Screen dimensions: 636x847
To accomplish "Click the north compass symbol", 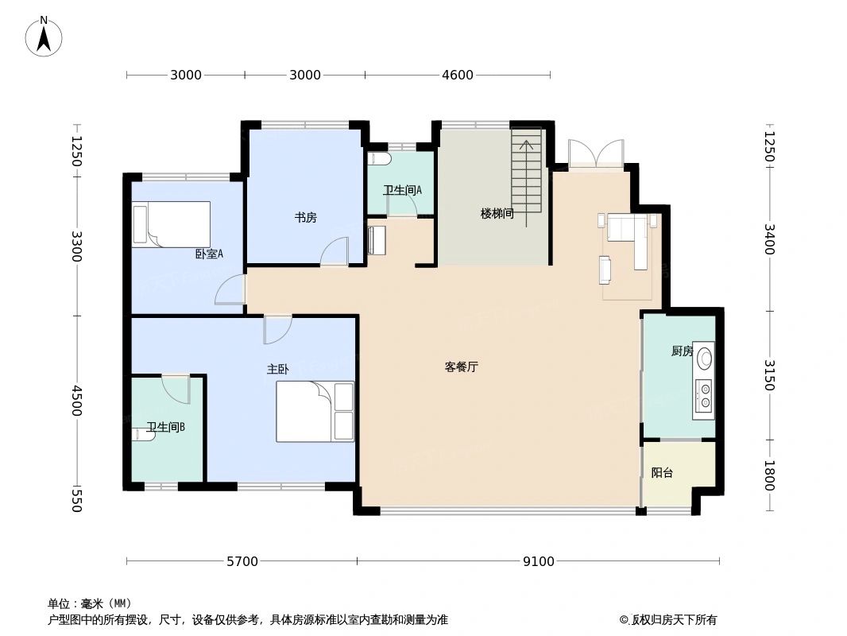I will point(44,36).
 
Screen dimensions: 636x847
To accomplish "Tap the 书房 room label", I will point(306,217).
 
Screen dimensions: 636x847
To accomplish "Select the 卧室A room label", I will point(209,254).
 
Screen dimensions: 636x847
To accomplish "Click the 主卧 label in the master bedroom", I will point(277,370).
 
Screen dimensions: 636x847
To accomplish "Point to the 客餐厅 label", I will point(461,366).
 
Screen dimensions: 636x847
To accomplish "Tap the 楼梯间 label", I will point(497,214).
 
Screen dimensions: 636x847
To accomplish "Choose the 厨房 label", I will point(682,351).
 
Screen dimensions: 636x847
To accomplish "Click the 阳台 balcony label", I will point(662,472).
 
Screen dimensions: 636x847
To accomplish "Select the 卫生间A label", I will point(402,190).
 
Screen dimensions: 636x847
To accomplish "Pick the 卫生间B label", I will point(165,427).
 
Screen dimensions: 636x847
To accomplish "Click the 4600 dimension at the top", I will point(458,76).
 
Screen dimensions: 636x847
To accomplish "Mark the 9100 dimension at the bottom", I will point(538,562).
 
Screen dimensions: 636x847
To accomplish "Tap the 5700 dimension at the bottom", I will point(242,562).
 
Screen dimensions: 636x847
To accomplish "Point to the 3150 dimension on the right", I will point(768,374).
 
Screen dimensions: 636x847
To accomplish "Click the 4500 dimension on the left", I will point(76,401).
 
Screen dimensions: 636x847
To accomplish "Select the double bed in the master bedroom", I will point(315,411).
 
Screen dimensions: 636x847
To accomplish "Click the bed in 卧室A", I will point(172,223).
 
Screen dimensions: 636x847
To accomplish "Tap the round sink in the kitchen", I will point(704,359).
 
